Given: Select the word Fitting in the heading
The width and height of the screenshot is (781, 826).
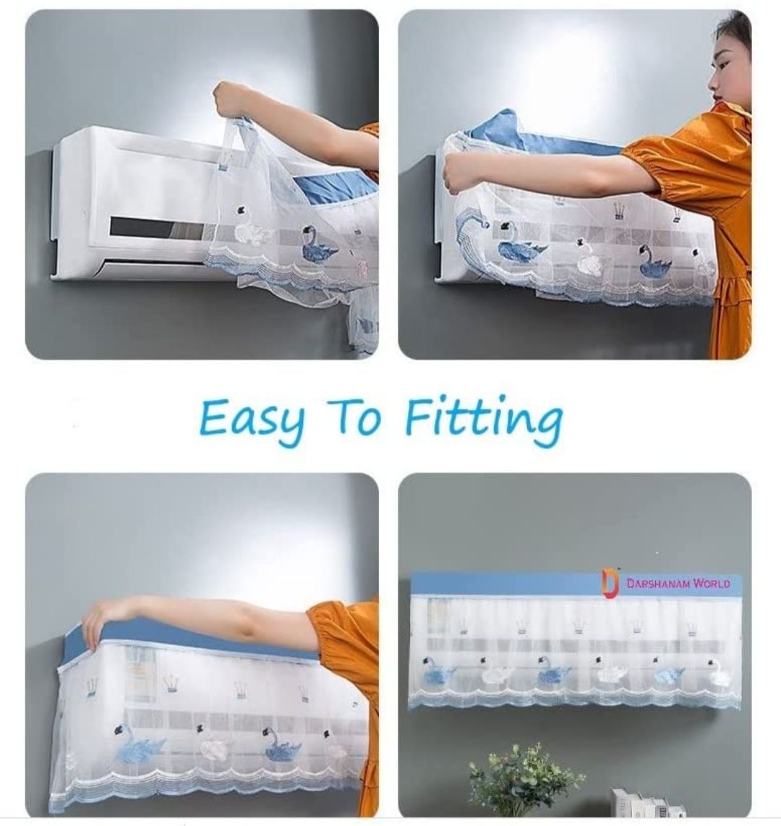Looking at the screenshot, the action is point(484,419).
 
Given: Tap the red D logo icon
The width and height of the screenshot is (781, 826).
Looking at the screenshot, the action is point(610,584).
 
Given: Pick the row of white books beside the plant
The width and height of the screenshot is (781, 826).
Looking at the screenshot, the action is point(648,804).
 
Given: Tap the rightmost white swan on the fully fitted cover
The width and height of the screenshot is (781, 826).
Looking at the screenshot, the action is point(718,673).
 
